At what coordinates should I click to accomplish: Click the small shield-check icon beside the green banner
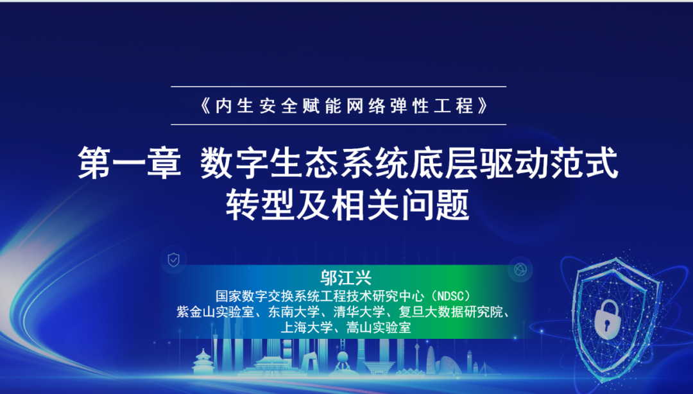coord(173,260)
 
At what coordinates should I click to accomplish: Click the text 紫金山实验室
coord(213,313)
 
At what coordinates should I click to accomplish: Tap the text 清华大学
coord(358,313)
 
